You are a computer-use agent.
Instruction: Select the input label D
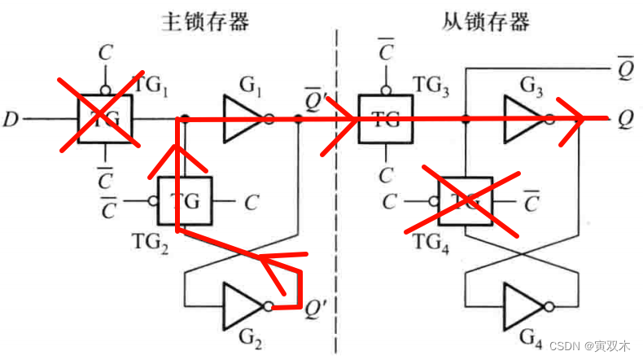[x=11, y=121]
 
